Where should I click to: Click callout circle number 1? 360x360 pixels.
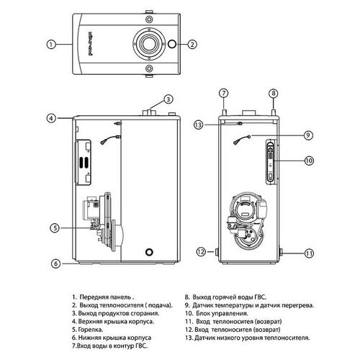tap(51, 45)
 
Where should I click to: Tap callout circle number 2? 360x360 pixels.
tap(192, 45)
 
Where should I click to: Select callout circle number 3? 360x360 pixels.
tap(168, 99)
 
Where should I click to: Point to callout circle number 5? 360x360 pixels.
tap(55, 228)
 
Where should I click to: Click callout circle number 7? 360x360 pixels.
tap(223, 93)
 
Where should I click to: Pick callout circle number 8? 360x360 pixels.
tap(274, 93)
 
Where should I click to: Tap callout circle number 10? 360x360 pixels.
tap(309, 161)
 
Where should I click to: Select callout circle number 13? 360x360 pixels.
tap(199, 125)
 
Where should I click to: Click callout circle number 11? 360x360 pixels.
tap(309, 253)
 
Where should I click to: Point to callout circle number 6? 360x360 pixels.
tap(55, 264)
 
